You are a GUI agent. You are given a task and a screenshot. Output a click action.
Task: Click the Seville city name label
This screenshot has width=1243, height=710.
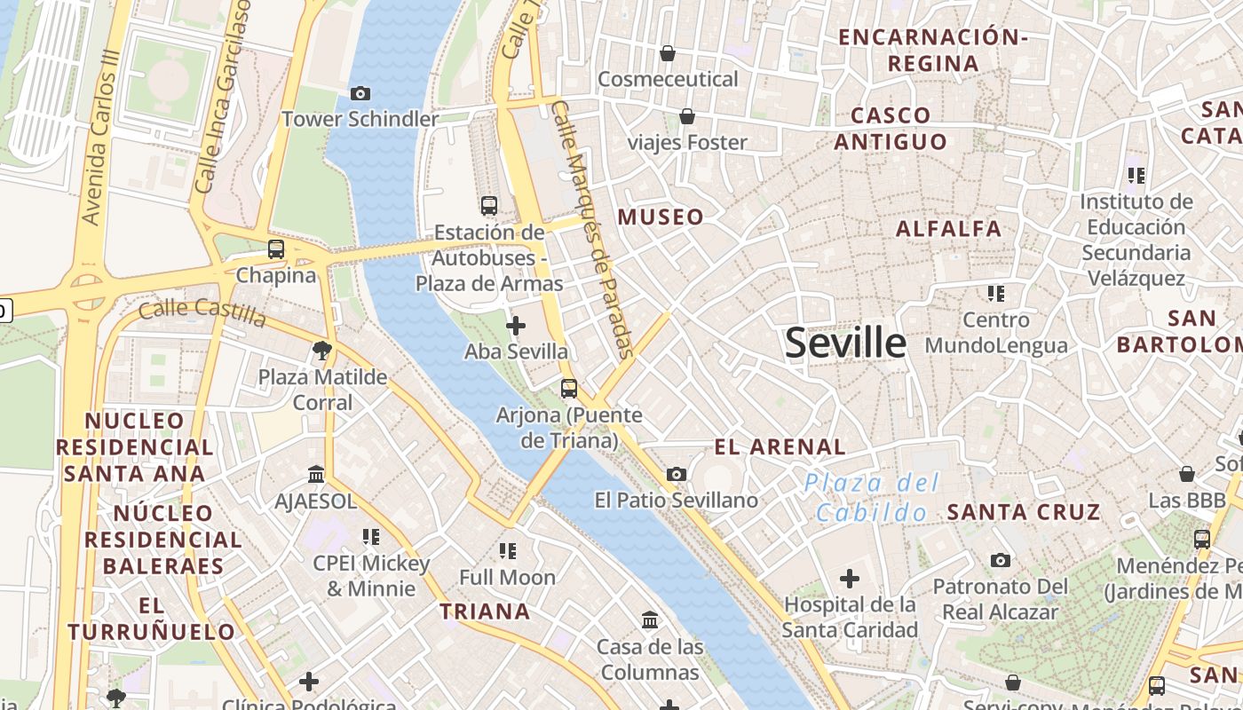point(845,343)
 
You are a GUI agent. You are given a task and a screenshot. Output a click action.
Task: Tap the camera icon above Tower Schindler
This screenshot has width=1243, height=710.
point(360,93)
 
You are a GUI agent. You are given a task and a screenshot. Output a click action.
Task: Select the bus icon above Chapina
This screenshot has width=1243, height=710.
point(276,249)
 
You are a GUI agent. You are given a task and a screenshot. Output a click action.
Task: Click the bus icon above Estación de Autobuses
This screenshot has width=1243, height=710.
point(489,206)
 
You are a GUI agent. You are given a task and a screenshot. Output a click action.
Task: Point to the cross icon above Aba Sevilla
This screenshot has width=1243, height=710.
point(515,326)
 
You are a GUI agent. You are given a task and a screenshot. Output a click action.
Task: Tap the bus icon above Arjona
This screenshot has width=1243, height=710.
point(569,388)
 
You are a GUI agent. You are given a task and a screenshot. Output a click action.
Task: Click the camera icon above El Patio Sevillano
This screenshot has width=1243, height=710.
point(677,474)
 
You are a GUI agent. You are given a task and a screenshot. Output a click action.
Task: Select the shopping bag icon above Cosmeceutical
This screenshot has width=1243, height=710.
point(668,53)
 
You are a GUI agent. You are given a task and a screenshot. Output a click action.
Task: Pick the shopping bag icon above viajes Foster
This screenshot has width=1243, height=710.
point(687,116)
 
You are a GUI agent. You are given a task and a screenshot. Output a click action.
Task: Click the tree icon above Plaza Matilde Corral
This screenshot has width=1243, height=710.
point(322,351)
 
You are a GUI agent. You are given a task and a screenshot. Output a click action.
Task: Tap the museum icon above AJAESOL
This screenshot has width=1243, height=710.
point(316,475)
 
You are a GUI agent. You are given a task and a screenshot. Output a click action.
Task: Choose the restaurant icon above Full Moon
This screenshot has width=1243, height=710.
point(508,551)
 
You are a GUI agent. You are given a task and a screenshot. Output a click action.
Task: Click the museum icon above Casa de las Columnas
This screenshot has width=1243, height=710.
point(649,619)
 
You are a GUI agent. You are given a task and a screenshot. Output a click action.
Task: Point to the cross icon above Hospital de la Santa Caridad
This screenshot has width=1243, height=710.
point(850,579)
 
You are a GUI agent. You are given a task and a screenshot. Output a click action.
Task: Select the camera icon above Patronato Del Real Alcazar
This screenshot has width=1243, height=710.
point(1001,560)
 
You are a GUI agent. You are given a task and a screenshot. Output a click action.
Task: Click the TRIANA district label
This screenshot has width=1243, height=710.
point(486,611)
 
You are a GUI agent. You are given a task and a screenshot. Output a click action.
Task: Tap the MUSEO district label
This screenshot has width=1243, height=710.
point(661,217)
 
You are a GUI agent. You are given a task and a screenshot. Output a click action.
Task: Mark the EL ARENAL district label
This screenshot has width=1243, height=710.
point(780,446)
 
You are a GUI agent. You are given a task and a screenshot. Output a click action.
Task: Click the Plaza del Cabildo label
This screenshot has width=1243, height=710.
point(871,498)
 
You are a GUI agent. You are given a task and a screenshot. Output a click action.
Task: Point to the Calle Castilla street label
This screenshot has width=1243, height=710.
point(202,312)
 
